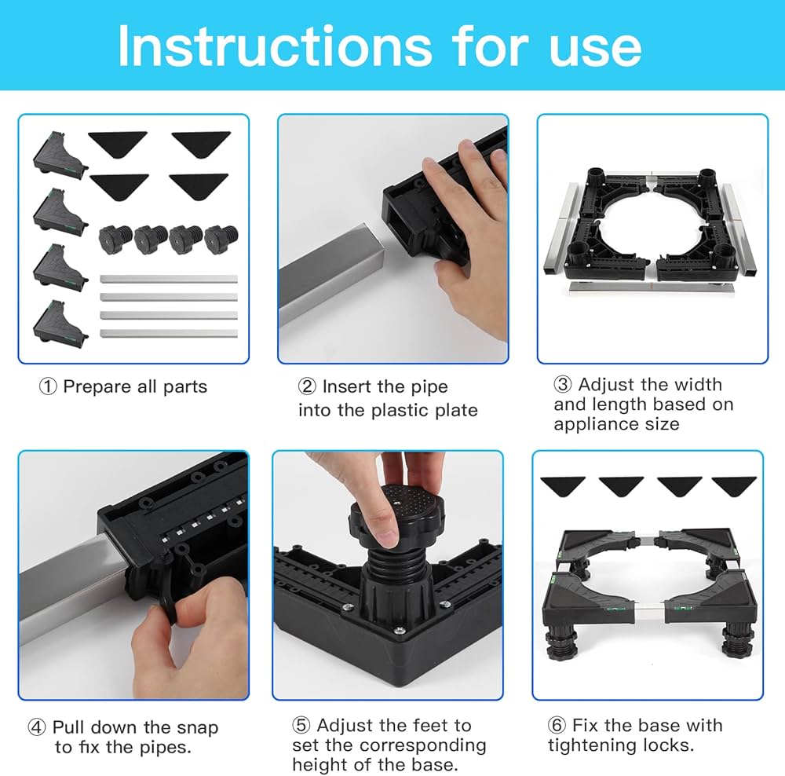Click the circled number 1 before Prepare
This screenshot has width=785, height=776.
click(48, 386)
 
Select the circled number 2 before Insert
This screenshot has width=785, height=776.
click(307, 386)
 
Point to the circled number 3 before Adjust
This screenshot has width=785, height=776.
click(563, 384)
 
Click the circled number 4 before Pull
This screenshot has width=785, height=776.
click(37, 727)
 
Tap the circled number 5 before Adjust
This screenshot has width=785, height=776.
click(301, 725)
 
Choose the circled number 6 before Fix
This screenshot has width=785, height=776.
click(557, 725)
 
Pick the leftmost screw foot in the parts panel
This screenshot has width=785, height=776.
click(115, 240)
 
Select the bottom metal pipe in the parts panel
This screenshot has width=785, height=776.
click(169, 333)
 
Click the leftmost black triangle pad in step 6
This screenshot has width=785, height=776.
click(563, 485)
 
